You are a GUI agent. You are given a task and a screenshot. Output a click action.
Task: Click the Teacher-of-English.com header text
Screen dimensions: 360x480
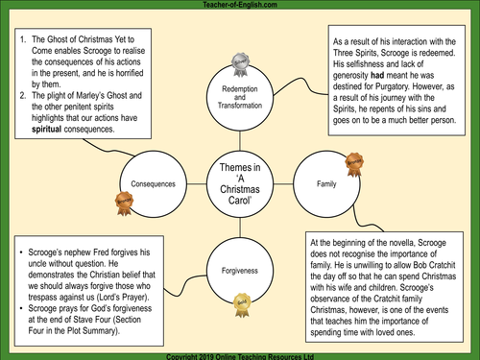point(239,6)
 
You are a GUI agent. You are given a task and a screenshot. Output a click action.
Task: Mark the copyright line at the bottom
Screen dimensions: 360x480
point(239,354)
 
